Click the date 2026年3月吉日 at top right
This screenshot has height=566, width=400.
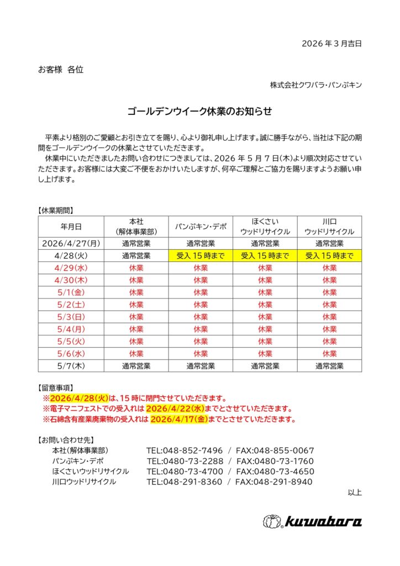[x=331, y=44]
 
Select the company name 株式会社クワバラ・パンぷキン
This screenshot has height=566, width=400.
[x=315, y=85]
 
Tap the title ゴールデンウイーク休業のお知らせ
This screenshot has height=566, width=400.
[x=199, y=112]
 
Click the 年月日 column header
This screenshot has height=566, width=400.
[x=71, y=226]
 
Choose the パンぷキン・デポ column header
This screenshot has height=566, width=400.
[x=201, y=226]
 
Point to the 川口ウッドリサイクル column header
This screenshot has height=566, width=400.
[x=329, y=226]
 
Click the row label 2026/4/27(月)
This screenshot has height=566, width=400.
[x=71, y=243]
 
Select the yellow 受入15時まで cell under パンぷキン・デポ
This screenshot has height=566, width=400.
[x=201, y=255]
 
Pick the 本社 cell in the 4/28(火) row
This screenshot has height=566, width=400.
[x=136, y=255]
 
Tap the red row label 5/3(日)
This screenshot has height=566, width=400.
[x=71, y=317]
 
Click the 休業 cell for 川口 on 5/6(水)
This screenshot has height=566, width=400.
[x=329, y=353]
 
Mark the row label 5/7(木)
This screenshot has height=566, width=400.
[x=71, y=365]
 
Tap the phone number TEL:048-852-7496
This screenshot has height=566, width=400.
[x=185, y=450]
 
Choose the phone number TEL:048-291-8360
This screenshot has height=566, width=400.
[x=184, y=482]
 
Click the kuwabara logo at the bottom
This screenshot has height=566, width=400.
[x=312, y=521]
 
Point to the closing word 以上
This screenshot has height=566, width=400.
[x=355, y=492]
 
